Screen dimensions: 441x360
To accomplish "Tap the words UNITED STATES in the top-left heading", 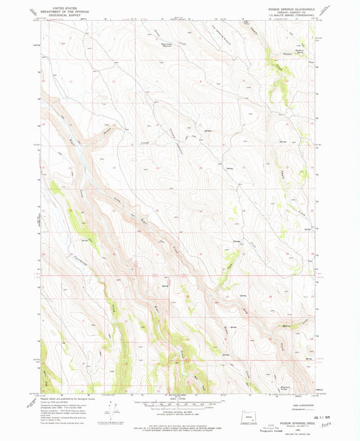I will pos(59,8).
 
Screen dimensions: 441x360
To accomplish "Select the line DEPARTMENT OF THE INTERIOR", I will pos(59,11).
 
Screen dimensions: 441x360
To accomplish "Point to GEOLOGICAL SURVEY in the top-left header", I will pos(59,15).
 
